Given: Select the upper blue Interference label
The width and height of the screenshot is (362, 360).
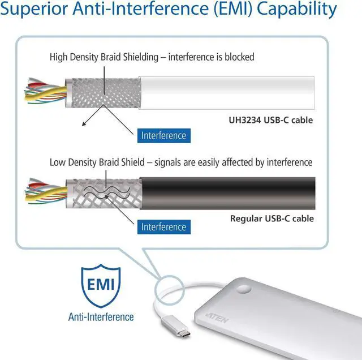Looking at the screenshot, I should pyautogui.click(x=163, y=136).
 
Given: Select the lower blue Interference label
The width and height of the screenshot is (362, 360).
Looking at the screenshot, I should pyautogui.click(x=163, y=227).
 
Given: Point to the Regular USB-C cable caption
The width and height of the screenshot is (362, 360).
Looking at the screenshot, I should pyautogui.click(x=271, y=218).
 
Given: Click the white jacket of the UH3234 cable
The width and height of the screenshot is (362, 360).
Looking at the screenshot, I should pyautogui.click(x=226, y=92).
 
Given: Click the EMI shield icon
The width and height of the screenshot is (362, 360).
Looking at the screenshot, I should pyautogui.click(x=101, y=284).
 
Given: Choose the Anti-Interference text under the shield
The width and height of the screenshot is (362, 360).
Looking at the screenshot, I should pyautogui.click(x=101, y=316).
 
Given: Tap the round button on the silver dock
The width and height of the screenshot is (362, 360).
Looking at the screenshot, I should pyautogui.click(x=276, y=289).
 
